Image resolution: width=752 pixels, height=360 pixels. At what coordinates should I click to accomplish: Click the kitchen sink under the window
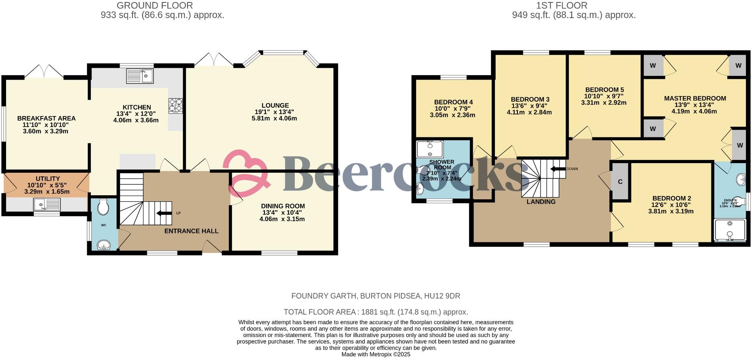pos(139,76)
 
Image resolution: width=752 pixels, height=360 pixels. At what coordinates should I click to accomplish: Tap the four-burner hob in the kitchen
pos(176,106)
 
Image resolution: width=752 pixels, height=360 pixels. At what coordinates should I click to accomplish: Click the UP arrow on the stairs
pos(164,213)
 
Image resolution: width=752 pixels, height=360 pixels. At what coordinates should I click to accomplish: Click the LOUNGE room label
pos(275,106)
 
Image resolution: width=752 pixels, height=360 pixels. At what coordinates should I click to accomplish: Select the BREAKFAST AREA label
pos(46,119)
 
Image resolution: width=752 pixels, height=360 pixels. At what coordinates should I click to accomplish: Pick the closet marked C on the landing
pos(620,182)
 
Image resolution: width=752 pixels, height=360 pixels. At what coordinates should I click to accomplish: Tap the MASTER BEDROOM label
pos(695,98)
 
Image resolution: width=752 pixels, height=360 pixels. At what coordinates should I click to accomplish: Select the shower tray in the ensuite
pos(730,230)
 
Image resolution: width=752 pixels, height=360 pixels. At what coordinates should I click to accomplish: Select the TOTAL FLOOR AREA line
pos(376,312)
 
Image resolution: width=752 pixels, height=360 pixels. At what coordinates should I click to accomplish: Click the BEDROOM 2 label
pos(671,198)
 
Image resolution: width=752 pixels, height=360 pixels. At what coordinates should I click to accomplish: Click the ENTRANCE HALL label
pos(191,231)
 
